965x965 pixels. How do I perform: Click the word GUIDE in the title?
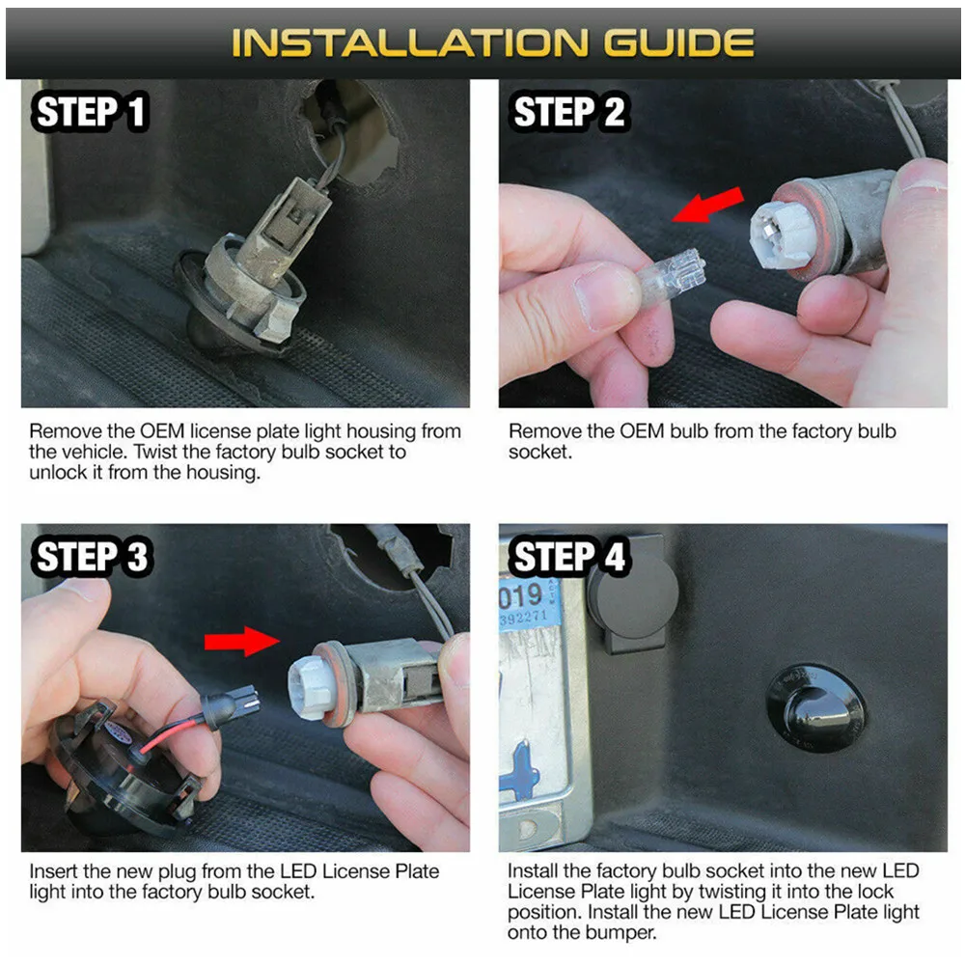coord(678,42)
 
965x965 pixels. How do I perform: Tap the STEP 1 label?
coord(91,112)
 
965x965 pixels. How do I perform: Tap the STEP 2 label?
coord(569,112)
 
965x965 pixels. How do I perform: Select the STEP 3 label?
coord(92,557)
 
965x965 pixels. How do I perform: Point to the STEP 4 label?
coord(569,557)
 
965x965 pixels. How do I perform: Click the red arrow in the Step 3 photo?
coord(242,642)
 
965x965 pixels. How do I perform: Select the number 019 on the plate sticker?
coord(521,595)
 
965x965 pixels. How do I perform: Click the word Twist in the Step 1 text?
coord(156,452)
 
